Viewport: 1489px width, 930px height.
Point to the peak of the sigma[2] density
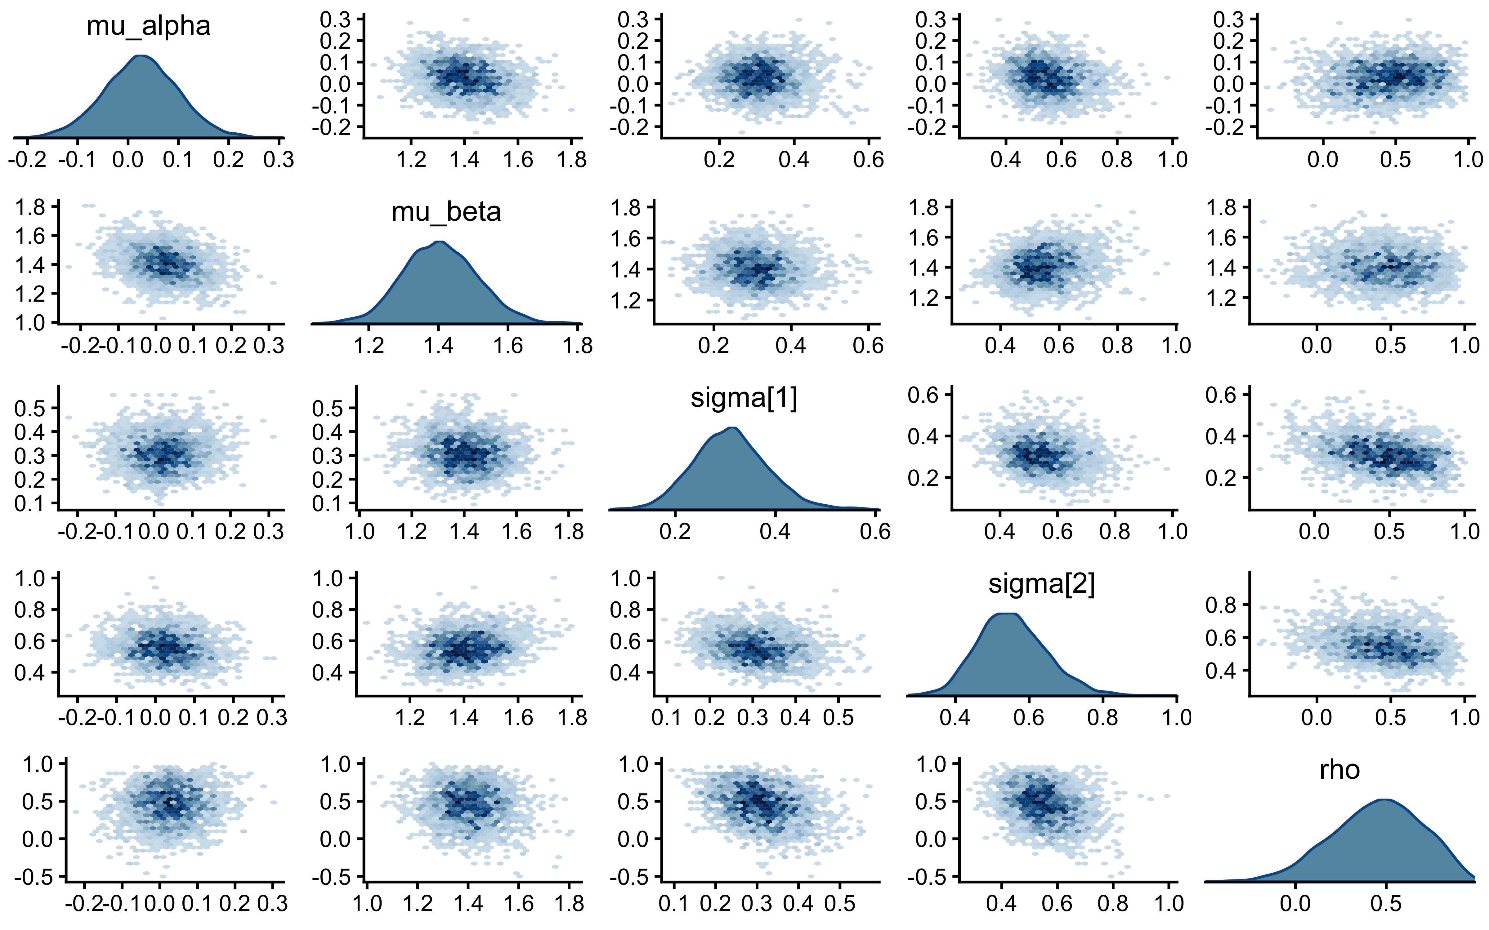[x=1003, y=613]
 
